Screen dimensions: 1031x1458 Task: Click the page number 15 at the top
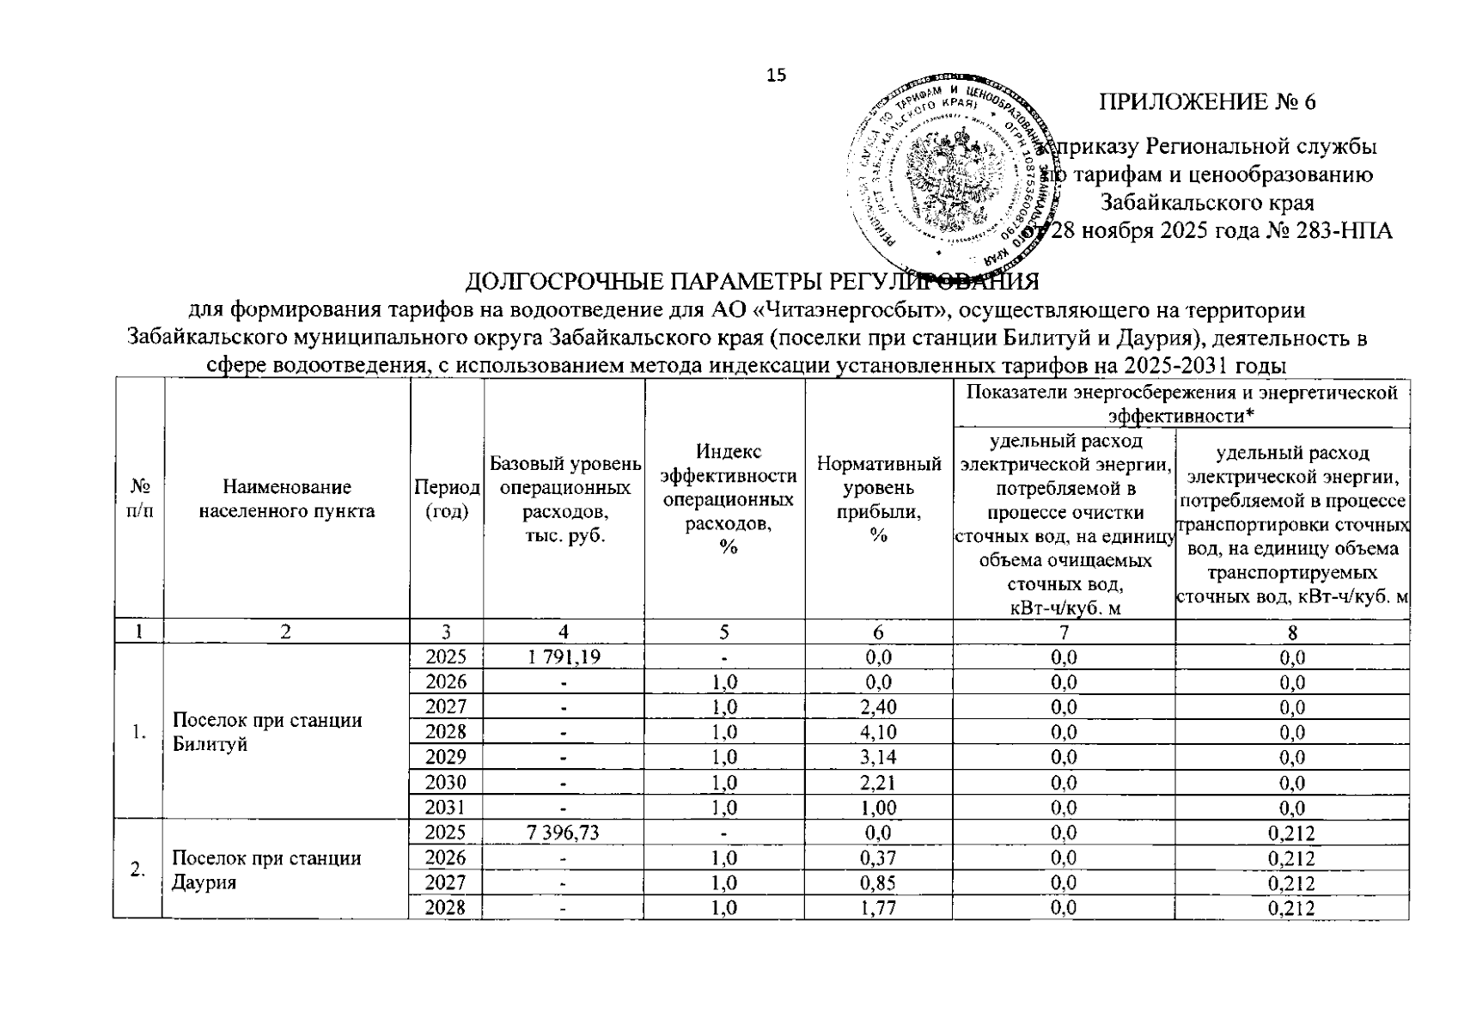776,76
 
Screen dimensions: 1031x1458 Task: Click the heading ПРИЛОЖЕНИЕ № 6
1207,101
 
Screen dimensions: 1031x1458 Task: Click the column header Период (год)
447,499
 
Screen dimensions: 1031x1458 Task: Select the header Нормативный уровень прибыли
878,499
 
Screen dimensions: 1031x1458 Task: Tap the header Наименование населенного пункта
287,499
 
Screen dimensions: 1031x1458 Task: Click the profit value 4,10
878,732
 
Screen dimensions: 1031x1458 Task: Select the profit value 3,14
878,757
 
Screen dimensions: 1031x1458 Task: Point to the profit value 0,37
878,857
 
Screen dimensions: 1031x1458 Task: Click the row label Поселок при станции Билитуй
267,732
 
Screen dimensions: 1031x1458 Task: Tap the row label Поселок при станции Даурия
267,869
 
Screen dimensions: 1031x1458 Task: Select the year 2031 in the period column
447,807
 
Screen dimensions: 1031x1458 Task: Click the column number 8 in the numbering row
1292,631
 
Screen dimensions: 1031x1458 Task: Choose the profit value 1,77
878,907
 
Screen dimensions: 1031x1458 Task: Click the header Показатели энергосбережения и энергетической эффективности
1181,404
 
